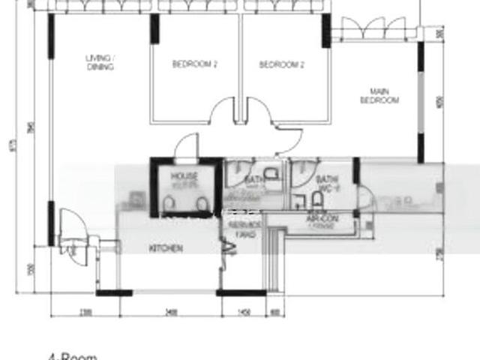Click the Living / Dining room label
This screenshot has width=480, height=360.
click(99, 62)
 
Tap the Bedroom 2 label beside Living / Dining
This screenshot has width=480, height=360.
click(194, 64)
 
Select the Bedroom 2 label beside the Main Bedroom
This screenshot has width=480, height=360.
click(281, 64)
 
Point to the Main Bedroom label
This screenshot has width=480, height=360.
click(379, 96)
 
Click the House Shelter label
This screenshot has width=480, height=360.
click(184, 180)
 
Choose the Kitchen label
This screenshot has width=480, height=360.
click(166, 248)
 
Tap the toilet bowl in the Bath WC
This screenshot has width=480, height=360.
click(317, 199)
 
